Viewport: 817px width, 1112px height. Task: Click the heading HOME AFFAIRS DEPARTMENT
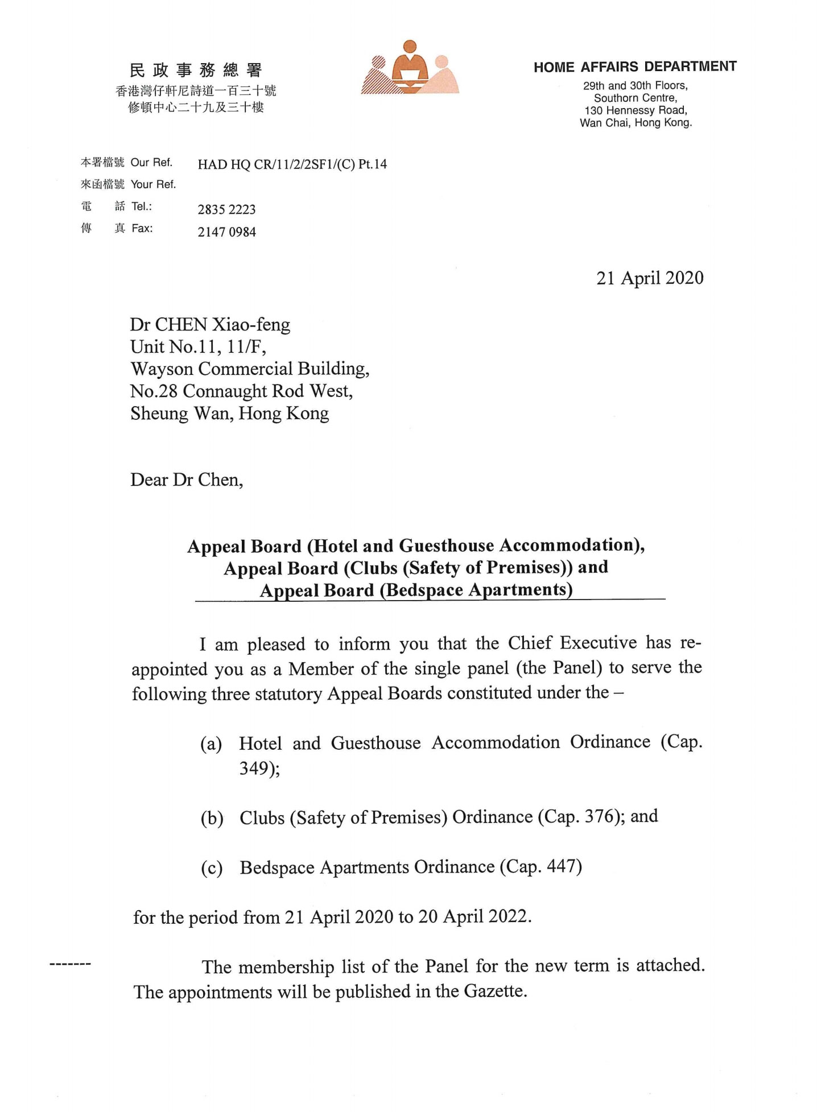click(635, 67)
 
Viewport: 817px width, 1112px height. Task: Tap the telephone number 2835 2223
click(226, 209)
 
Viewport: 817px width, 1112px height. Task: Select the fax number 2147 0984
click(226, 232)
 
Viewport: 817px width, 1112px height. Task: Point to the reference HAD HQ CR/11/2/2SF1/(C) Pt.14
click(292, 164)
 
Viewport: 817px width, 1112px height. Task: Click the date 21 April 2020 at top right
click(650, 278)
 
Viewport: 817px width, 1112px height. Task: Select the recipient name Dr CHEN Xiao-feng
click(210, 325)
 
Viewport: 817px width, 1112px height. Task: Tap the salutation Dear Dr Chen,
click(187, 480)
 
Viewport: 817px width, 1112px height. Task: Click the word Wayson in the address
click(162, 369)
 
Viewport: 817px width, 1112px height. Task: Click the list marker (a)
click(211, 744)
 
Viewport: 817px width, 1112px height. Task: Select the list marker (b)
click(212, 819)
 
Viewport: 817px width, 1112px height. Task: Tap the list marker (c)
click(212, 869)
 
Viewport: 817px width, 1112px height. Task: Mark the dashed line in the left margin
click(71, 965)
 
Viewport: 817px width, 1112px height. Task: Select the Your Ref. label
click(153, 184)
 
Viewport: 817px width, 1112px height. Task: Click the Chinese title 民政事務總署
click(196, 71)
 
